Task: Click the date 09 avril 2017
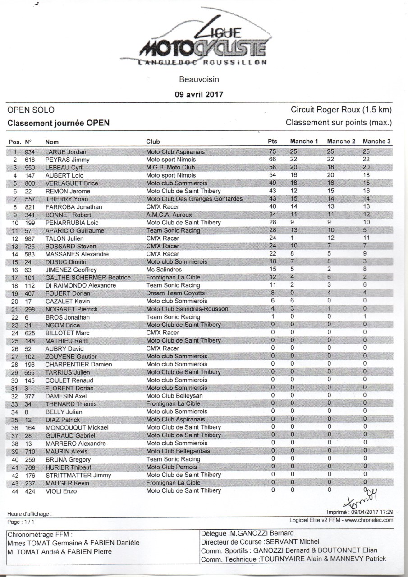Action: tap(199, 95)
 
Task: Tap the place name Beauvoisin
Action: tap(199, 80)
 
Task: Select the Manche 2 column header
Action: tap(341, 141)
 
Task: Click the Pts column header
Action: tap(273, 141)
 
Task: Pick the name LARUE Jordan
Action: tap(66, 152)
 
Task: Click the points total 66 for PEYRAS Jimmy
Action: tap(272, 160)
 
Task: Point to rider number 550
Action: tap(30, 168)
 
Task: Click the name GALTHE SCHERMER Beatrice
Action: tap(88, 278)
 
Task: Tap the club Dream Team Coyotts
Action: tap(175, 293)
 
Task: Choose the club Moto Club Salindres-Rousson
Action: tap(187, 309)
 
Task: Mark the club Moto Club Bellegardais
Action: tap(178, 451)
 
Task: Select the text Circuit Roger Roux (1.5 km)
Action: tap(341, 110)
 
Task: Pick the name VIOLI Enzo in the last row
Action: tap(61, 491)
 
